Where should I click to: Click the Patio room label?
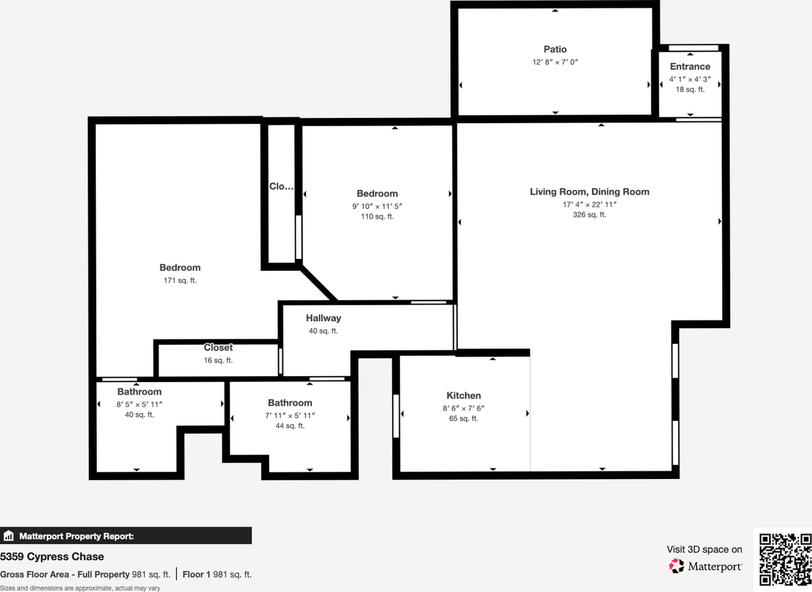[554, 49]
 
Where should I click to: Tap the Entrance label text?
[690, 67]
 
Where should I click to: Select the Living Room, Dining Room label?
[589, 192]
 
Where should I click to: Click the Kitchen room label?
[463, 395]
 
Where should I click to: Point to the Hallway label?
[323, 318]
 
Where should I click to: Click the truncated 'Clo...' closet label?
[281, 187]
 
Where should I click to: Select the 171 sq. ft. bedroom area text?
[180, 280]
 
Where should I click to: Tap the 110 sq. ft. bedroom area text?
[377, 216]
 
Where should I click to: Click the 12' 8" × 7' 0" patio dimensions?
[554, 62]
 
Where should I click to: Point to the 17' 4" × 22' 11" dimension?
[589, 204]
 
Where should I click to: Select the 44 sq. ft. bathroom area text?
[289, 426]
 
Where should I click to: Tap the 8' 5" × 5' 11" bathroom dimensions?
[139, 404]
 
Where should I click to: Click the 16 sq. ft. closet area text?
[218, 360]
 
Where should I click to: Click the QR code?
[785, 558]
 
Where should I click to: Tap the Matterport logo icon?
[677, 565]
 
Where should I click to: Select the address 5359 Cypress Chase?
[52, 556]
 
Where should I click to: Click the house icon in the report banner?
[8, 536]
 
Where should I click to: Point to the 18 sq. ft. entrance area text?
[690, 89]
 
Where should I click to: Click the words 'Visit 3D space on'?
[704, 549]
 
